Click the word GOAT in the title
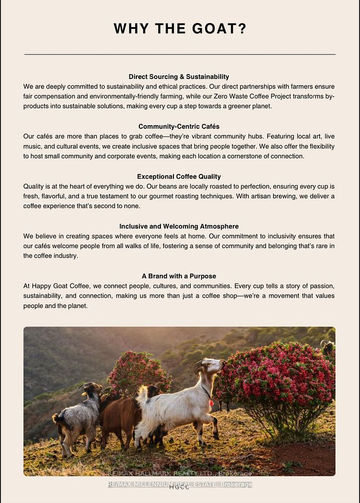[219, 29]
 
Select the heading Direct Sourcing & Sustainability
[179, 76]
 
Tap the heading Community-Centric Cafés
[179, 126]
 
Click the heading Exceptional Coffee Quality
[179, 177]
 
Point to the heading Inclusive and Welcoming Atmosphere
[179, 226]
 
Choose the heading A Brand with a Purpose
[179, 276]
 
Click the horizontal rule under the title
[180, 54]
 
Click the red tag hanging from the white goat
[211, 403]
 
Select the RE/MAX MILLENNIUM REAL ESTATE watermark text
[180, 485]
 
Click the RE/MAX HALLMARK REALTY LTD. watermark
[180, 473]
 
